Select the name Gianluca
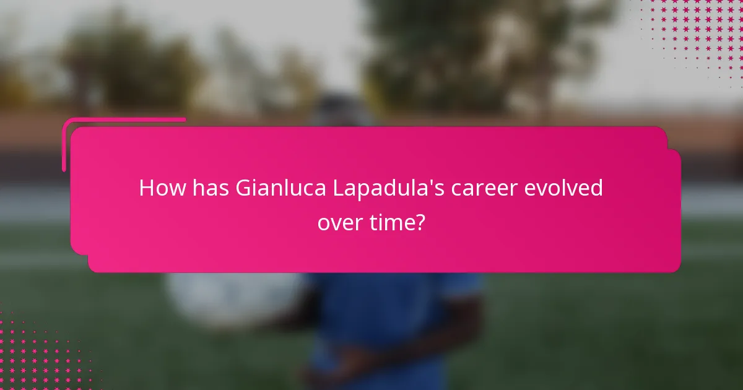point(281,188)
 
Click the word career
point(484,188)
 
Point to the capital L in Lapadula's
point(339,188)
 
